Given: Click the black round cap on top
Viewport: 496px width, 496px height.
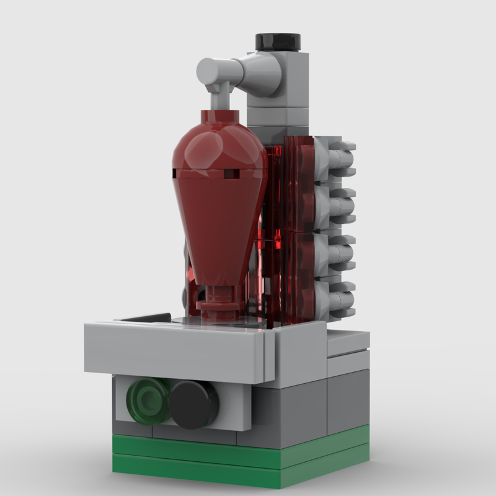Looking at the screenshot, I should pyautogui.click(x=278, y=41).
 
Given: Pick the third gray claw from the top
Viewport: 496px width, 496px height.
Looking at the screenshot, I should pyautogui.click(x=338, y=251).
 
